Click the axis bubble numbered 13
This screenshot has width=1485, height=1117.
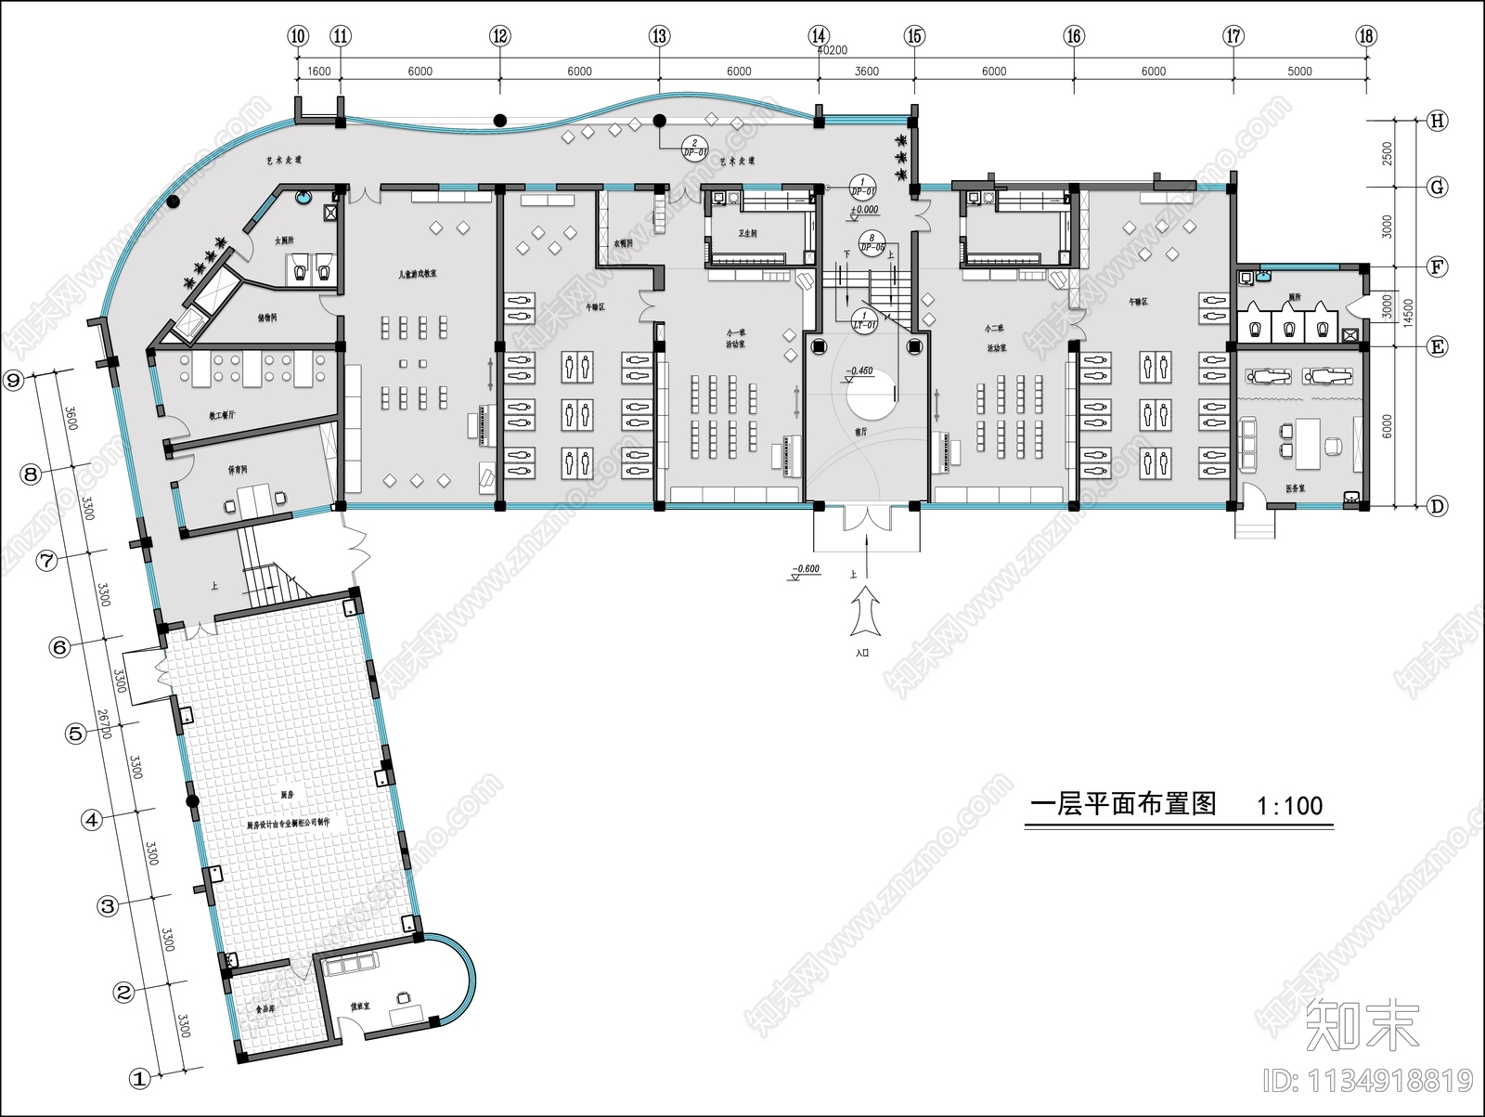(x=659, y=37)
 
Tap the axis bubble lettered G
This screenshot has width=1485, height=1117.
(x=1437, y=188)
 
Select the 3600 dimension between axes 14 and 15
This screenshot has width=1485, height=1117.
(x=866, y=71)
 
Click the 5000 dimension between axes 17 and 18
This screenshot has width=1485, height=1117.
(x=1299, y=71)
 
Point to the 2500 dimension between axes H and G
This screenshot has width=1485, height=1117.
(x=1387, y=153)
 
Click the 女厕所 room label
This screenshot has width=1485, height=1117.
(x=284, y=240)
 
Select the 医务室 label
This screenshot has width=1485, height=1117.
(x=1296, y=487)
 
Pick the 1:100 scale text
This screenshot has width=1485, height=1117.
(x=1289, y=805)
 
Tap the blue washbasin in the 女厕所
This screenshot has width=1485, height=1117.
(x=303, y=198)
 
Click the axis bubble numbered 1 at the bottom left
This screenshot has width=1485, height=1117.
(x=139, y=1079)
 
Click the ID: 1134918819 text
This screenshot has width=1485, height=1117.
(x=1368, y=1081)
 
